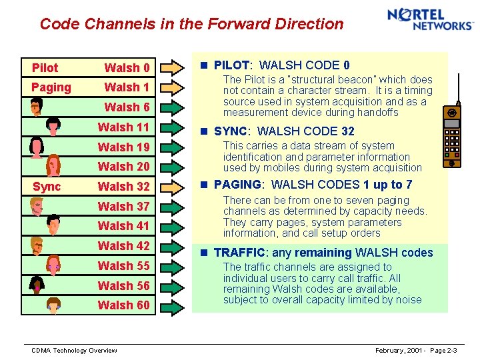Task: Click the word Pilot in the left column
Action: coord(45,68)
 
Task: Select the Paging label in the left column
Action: coord(51,87)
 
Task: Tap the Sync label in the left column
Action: coord(46,187)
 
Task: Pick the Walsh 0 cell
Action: coord(127,68)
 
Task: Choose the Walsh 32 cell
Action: coord(124,187)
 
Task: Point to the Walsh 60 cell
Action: coord(124,305)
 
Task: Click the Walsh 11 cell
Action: coord(124,127)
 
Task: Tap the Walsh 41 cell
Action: coord(124,226)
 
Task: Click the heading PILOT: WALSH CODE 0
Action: coord(281,65)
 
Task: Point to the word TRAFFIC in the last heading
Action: coord(239,253)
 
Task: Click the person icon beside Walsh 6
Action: coord(37,107)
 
